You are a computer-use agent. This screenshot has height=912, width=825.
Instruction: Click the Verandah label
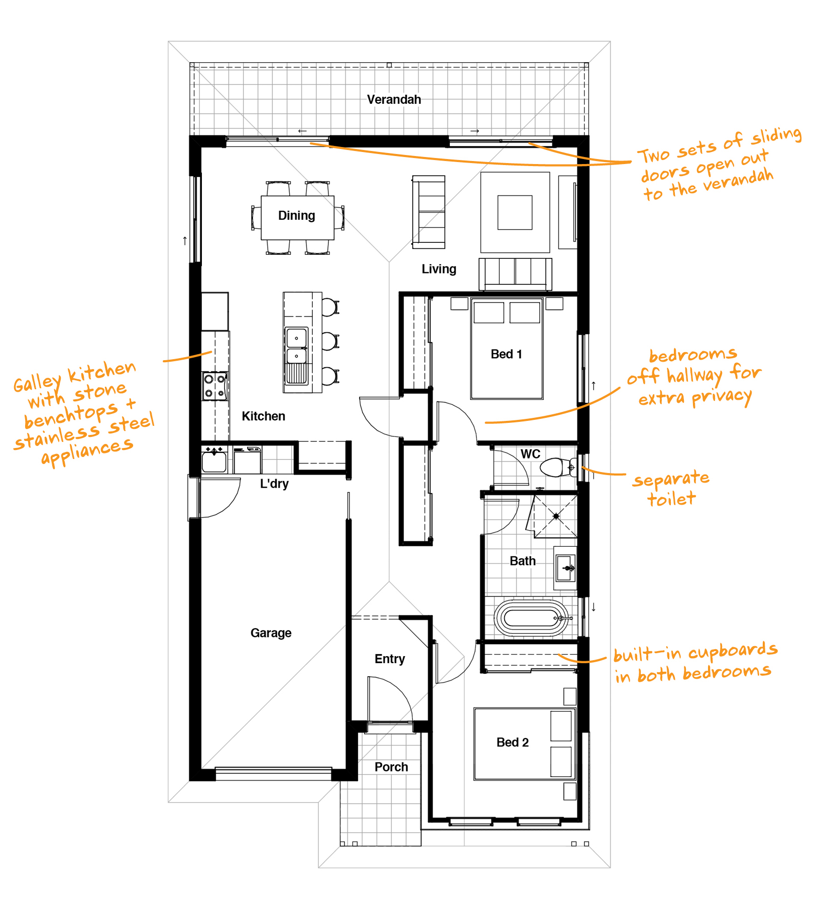pos(394,99)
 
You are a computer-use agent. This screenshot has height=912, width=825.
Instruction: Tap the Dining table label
pos(297,216)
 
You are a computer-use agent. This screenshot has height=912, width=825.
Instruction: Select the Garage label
pos(271,633)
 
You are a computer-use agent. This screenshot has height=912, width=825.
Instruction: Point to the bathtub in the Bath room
pos(532,618)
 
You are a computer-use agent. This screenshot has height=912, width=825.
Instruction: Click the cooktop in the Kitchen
pos(215,386)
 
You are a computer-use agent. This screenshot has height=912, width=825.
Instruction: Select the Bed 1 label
pos(506,354)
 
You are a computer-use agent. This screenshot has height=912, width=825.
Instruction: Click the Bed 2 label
pos(513,742)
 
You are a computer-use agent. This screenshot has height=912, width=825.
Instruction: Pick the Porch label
pos(391,767)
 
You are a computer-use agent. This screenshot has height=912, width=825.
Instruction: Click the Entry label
pos(390,659)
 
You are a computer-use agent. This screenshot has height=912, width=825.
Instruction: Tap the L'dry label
pos(274,484)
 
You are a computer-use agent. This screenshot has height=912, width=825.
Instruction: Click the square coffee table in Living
pos(515,212)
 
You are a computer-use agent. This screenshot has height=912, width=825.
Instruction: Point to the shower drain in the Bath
pos(556,516)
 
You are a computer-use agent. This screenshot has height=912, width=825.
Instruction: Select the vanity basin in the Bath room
pos(566,568)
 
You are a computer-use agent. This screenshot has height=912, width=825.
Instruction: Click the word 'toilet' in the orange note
pos(671,499)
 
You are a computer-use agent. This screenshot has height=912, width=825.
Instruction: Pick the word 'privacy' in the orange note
pos(722,397)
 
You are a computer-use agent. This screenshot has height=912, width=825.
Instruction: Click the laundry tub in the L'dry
pos(214,462)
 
